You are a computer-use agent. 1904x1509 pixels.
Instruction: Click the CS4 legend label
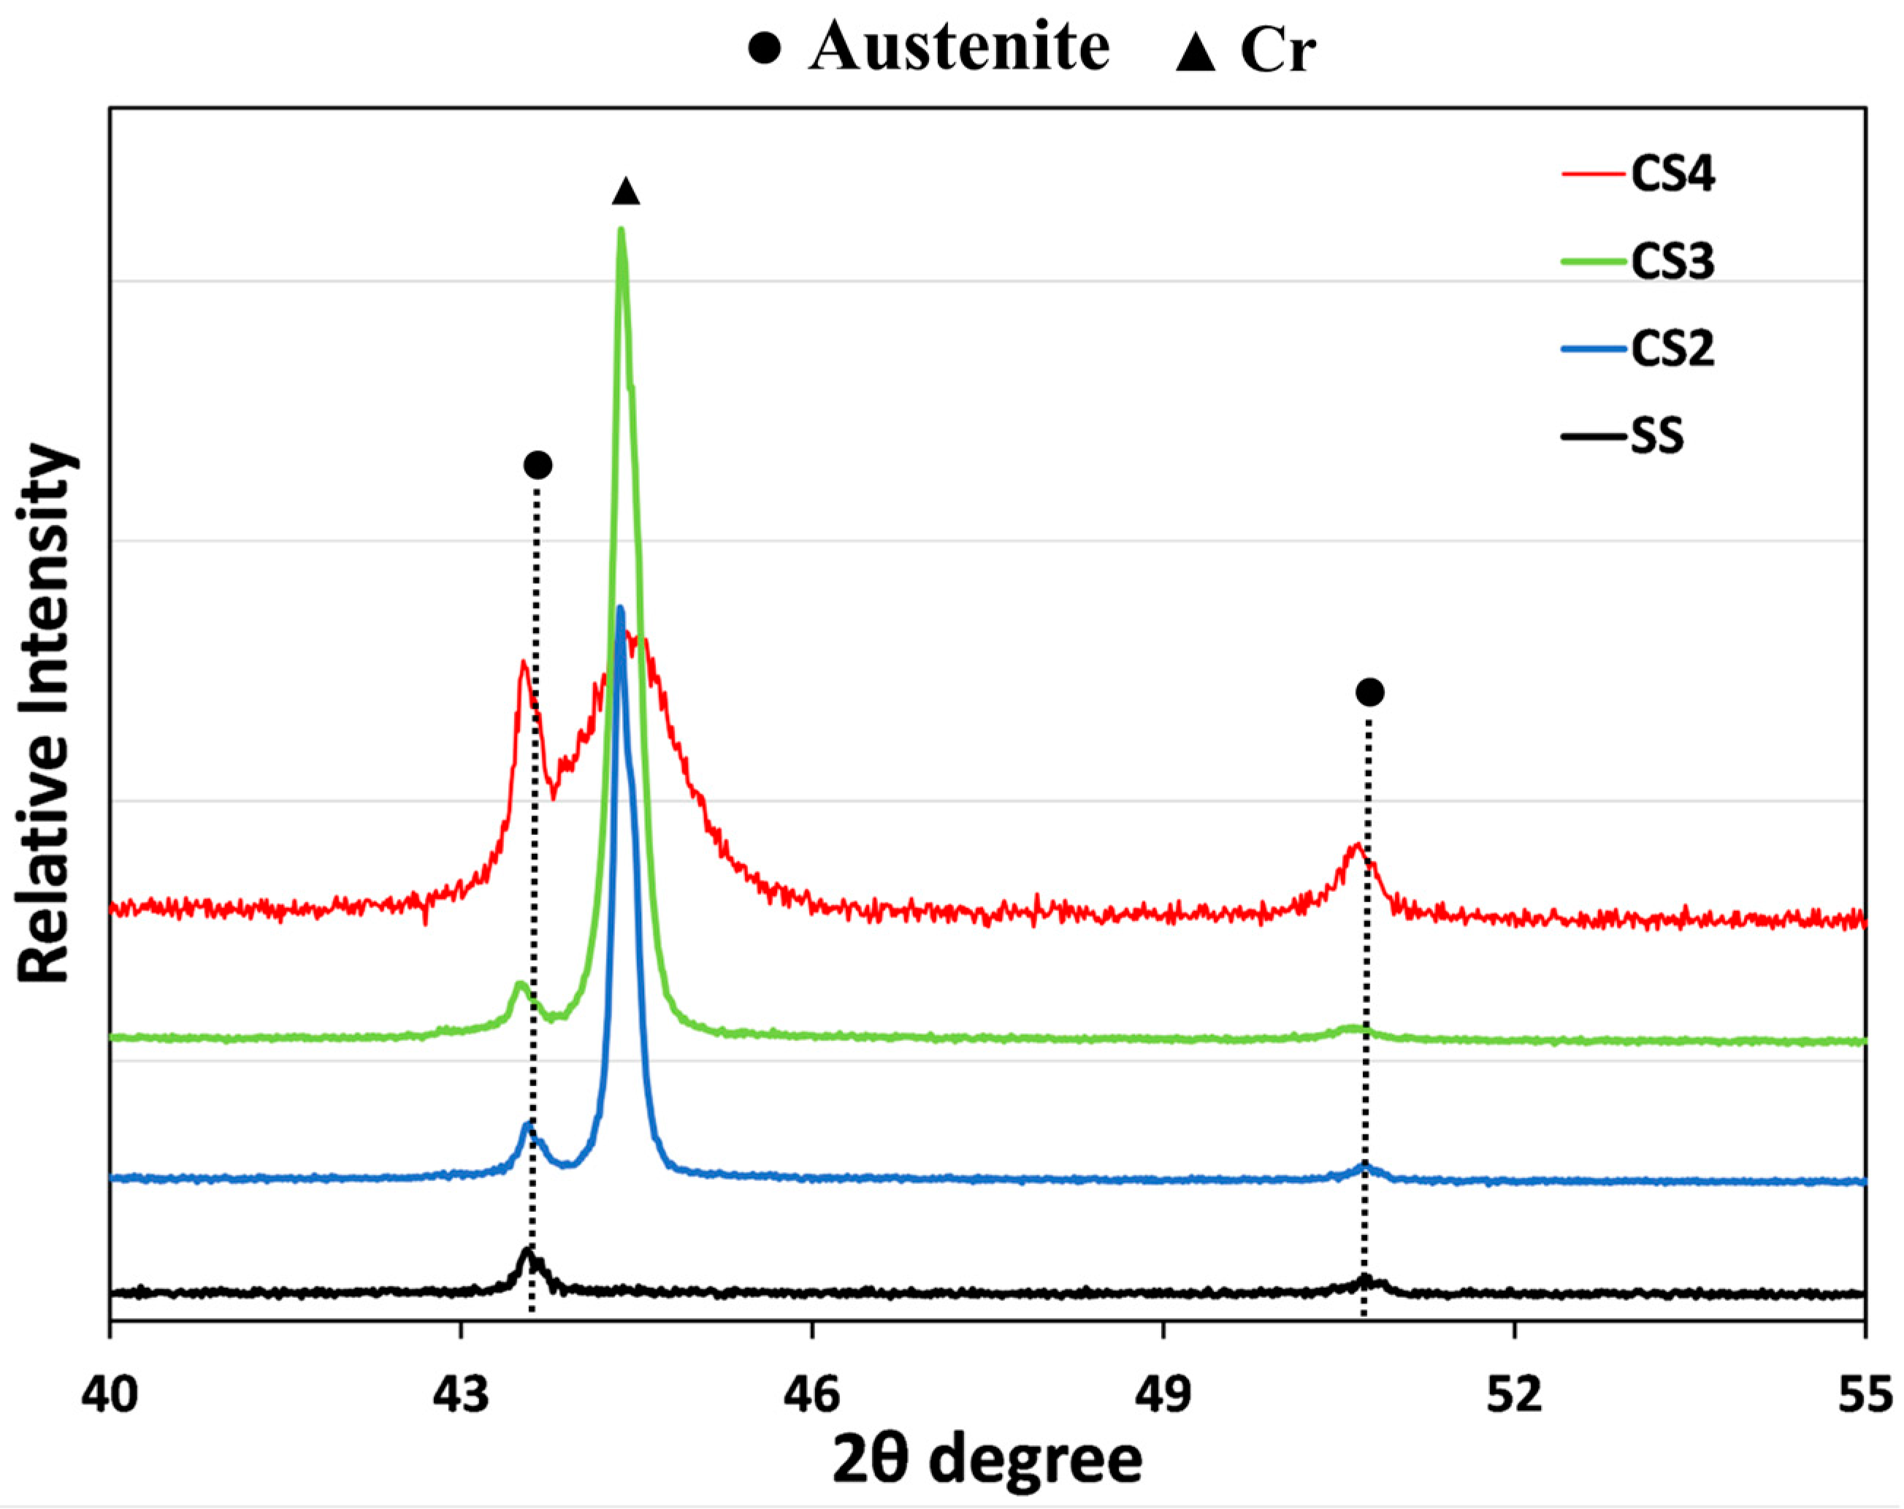[x=1672, y=175]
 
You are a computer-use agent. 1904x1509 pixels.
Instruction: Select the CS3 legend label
[x=1672, y=262]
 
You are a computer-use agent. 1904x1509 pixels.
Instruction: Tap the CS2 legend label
[x=1672, y=350]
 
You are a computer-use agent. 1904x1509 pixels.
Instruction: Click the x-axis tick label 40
[x=110, y=1397]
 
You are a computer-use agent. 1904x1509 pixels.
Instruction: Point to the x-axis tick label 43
[x=460, y=1397]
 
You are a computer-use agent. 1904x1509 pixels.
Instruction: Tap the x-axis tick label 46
[x=811, y=1397]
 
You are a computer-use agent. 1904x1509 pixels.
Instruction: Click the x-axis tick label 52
[x=1514, y=1397]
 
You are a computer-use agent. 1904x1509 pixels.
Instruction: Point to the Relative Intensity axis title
[x=44, y=714]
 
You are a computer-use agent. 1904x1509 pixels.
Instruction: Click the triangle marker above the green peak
[x=625, y=191]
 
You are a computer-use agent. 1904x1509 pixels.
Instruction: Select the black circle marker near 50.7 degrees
[x=1369, y=692]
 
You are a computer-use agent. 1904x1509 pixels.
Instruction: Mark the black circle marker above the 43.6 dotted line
[x=538, y=465]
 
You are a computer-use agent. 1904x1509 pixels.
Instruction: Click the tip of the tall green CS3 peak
[x=621, y=232]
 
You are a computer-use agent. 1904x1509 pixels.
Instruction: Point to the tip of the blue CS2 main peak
[x=620, y=608]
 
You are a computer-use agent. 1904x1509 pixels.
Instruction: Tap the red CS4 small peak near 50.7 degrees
[x=1356, y=847]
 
